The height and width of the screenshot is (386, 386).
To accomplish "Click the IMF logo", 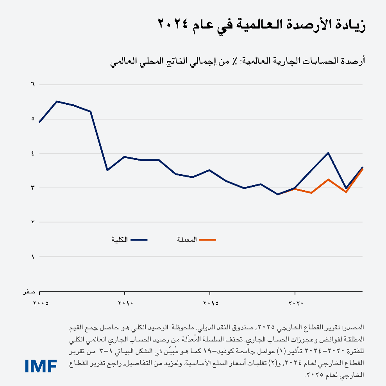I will pyautogui.click(x=41, y=366).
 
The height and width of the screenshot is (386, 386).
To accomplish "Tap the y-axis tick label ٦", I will pyautogui.click(x=32, y=84).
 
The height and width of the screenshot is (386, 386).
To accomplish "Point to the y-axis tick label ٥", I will pyautogui.click(x=32, y=119).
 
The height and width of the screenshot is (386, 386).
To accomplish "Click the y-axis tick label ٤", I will pyautogui.click(x=32, y=154).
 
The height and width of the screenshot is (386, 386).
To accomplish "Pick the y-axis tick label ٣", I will pyautogui.click(x=32, y=188).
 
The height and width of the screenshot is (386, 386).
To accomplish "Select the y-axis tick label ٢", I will pyautogui.click(x=32, y=222).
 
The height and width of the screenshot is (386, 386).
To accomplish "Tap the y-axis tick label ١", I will pyautogui.click(x=32, y=257).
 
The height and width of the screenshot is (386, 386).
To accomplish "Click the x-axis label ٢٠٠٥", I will pyautogui.click(x=40, y=303).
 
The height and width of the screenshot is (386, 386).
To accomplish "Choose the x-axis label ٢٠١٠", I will pyautogui.click(x=125, y=303).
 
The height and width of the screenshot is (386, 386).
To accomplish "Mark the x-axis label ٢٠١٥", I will pyautogui.click(x=210, y=303).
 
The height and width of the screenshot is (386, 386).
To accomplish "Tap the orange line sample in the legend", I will pyautogui.click(x=207, y=239).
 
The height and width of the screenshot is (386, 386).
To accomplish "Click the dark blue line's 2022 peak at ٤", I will pyautogui.click(x=329, y=153).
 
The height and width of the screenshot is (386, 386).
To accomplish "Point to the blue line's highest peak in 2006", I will pyautogui.click(x=57, y=101).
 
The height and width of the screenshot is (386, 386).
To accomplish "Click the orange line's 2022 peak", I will pyautogui.click(x=329, y=179).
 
